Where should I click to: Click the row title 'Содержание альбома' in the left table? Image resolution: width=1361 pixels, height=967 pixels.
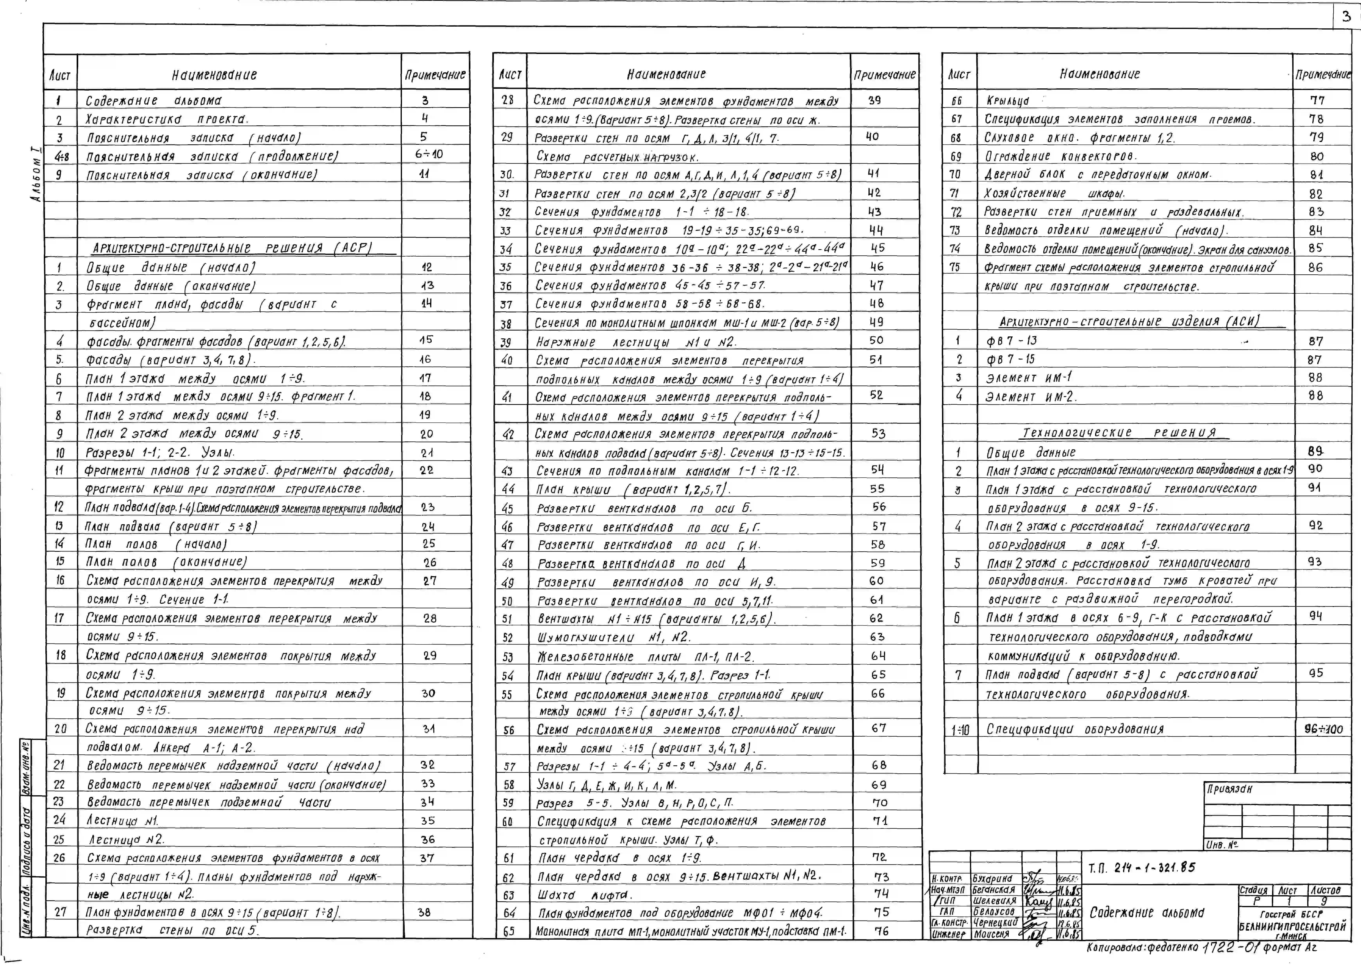[153, 101]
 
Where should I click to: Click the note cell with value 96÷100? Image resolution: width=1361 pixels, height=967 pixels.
[1322, 729]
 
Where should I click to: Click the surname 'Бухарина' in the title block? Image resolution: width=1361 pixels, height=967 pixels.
[992, 878]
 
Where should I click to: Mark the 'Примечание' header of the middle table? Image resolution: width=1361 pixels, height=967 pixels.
[884, 75]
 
